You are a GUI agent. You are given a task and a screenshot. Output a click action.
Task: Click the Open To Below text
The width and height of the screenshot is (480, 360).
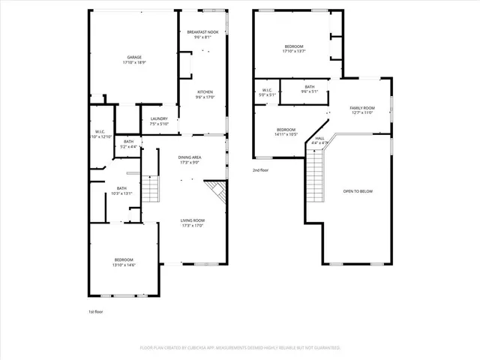pyautogui.click(x=358, y=191)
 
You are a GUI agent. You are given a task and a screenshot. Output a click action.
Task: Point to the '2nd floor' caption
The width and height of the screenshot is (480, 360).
pyautogui.click(x=260, y=170)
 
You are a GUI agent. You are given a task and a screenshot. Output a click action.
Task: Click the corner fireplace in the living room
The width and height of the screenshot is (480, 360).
pyautogui.click(x=218, y=191)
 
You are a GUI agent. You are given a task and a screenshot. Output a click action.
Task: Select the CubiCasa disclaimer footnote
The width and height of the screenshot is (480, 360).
pyautogui.click(x=240, y=348)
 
